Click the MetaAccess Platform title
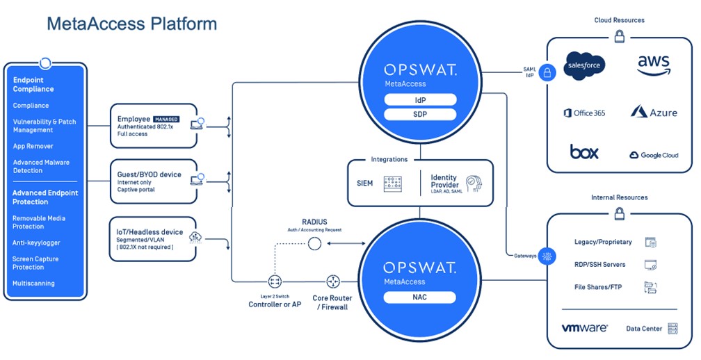pos(131,24)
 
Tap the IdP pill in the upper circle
pos(420,99)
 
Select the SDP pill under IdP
pos(420,114)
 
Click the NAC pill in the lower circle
pos(420,297)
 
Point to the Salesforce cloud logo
pos(584,65)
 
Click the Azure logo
pos(654,112)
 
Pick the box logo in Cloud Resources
pos(584,152)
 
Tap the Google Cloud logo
pos(654,155)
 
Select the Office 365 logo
pos(584,113)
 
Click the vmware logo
pos(585,327)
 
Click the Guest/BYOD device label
pos(150,174)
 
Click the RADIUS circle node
pos(314,243)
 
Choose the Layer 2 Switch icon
pos(275,281)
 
